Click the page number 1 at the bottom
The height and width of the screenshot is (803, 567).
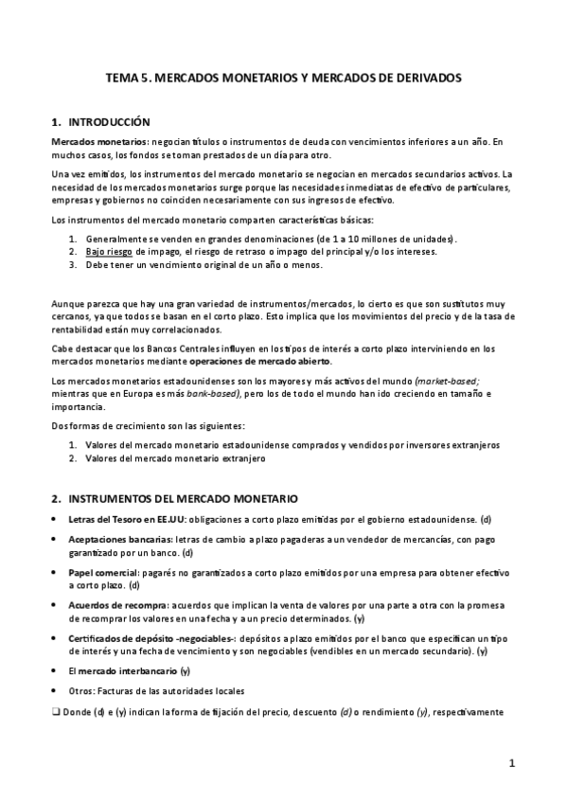click(x=511, y=762)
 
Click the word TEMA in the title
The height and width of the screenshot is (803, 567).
click(x=121, y=80)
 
